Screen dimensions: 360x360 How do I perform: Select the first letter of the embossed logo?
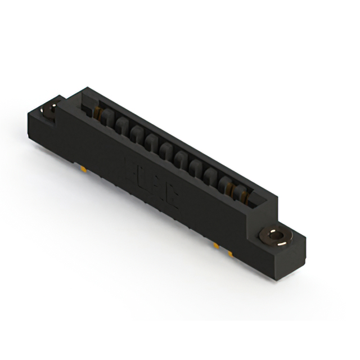click(130, 169)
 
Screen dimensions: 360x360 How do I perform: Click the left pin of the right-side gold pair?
click(215, 245)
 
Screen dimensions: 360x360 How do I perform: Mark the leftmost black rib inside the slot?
click(107, 120)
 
